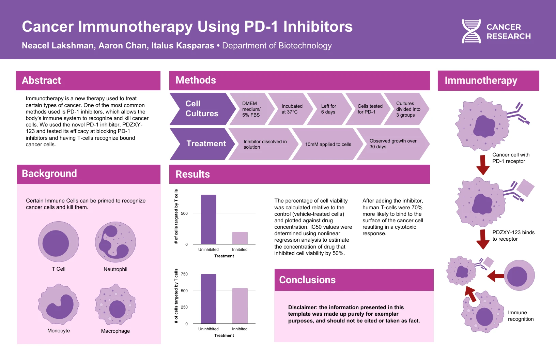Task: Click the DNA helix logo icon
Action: [x=471, y=31]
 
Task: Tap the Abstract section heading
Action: [x=42, y=80]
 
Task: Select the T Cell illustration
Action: [x=59, y=242]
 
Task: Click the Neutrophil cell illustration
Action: [x=115, y=242]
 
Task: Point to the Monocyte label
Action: [x=59, y=331]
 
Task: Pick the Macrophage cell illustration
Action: [x=115, y=304]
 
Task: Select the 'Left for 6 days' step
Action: [x=328, y=109]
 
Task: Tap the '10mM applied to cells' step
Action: [x=328, y=144]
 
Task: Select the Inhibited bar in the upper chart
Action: [x=240, y=238]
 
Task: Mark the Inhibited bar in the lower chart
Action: [x=240, y=306]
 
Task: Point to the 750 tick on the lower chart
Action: [x=184, y=274]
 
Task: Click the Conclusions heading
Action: [x=307, y=280]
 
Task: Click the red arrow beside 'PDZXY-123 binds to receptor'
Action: [x=483, y=239]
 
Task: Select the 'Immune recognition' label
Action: [x=521, y=316]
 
